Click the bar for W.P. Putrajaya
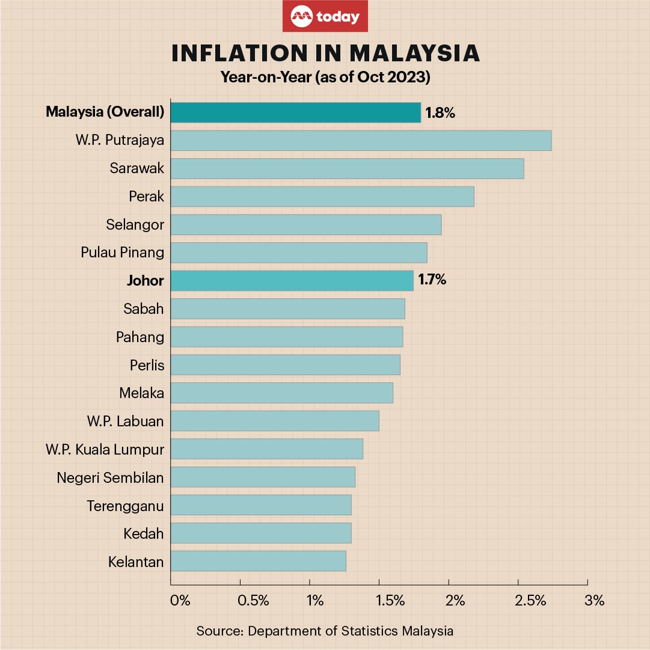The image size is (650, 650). coord(361,140)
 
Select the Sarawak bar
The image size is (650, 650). coord(347,168)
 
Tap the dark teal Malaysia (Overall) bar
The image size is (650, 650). coord(295,112)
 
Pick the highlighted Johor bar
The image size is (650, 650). coord(292,280)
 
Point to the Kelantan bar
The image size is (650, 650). coord(258,561)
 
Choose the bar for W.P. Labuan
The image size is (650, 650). coord(275,421)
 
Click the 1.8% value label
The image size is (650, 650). coord(440,112)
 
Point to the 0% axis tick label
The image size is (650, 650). coord(180,601)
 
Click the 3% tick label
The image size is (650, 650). coord(594,601)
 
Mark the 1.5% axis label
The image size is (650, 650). coord(390,601)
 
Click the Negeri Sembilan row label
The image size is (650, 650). coord(111,477)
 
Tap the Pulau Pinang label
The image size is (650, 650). coord(123,252)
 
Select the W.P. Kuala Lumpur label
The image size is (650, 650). coord(105,449)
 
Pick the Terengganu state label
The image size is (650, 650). coord(125,506)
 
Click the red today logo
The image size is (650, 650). coord(325,16)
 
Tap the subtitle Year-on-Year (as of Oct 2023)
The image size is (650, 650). coord(325,78)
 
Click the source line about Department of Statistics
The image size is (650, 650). coord(325,631)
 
